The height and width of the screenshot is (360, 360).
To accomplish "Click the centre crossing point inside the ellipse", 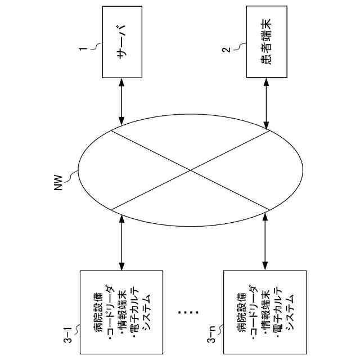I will (x=191, y=170).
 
